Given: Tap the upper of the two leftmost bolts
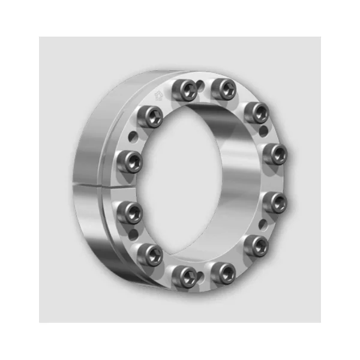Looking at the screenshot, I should coord(130,161).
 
